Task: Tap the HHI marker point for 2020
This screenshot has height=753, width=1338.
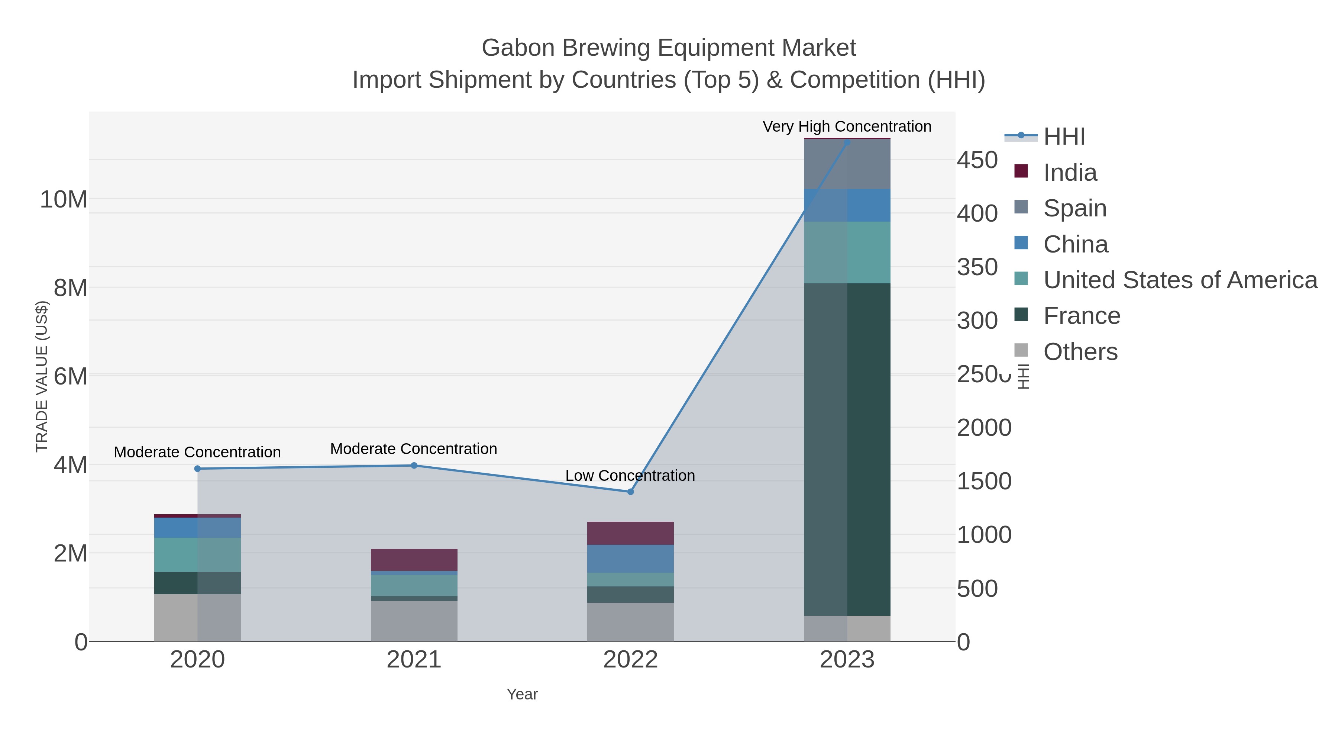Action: coord(197,469)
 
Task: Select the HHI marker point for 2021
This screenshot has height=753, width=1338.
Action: coord(414,466)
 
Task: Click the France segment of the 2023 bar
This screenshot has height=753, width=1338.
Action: coord(847,450)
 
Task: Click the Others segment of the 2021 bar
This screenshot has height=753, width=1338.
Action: coord(414,621)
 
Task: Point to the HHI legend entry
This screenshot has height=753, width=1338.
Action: coord(1064,137)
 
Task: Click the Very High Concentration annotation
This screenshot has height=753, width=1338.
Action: coord(847,126)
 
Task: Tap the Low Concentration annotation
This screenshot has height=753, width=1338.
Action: coord(630,476)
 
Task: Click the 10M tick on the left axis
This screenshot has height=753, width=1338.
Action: coord(63,200)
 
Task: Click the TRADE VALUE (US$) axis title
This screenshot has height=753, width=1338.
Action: coord(42,376)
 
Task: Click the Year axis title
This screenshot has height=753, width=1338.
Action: coord(522,694)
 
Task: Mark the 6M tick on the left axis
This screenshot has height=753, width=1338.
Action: coord(70,376)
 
